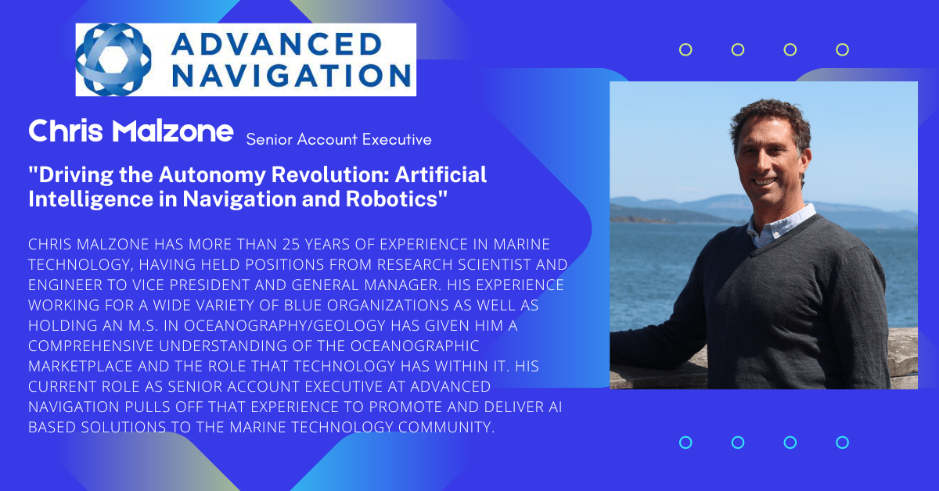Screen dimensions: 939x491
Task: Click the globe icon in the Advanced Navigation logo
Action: pos(113,59)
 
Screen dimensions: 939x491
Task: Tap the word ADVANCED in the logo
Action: pos(277,44)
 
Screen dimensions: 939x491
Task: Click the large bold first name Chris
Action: pos(66,131)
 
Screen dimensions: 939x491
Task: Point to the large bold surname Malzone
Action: pos(173,131)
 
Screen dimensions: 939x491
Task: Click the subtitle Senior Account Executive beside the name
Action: pos(339,139)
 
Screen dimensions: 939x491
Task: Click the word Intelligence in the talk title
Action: pos(91,200)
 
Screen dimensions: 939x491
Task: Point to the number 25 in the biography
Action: pos(291,244)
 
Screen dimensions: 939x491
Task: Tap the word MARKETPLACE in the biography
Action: pos(80,367)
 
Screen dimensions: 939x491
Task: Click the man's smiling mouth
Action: pos(765,182)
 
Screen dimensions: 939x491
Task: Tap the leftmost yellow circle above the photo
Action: pos(685,50)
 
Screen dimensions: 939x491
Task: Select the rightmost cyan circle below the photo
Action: pos(842,443)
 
